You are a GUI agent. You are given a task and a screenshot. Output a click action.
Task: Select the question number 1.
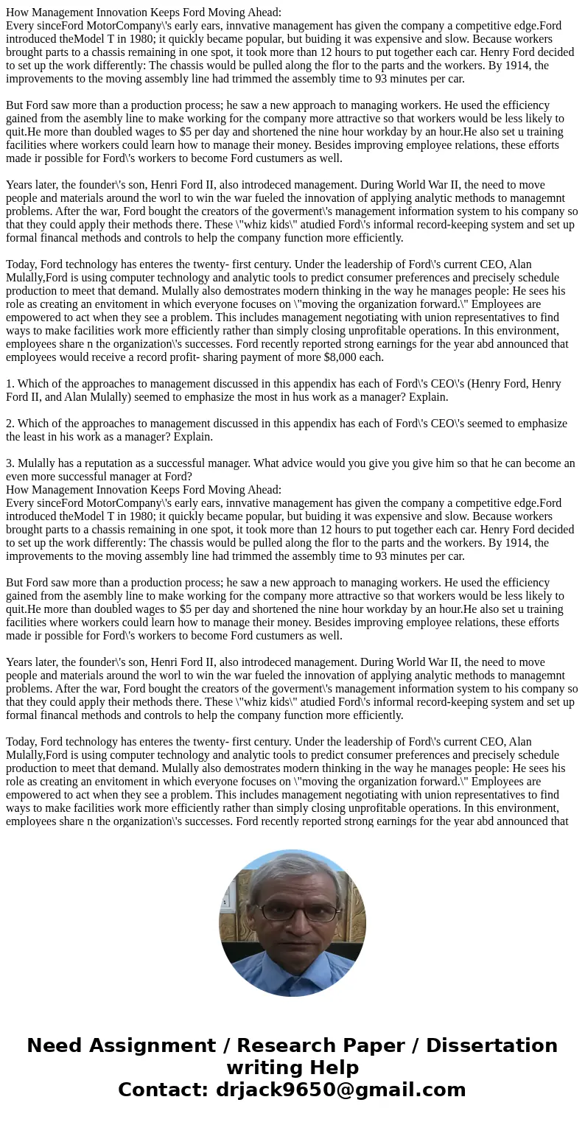(x=10, y=384)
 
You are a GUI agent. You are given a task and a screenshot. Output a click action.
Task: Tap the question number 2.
(x=10, y=424)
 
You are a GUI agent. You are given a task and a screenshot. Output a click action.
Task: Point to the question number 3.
(x=10, y=463)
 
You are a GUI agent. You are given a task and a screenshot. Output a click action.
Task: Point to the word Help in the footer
(x=332, y=1067)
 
